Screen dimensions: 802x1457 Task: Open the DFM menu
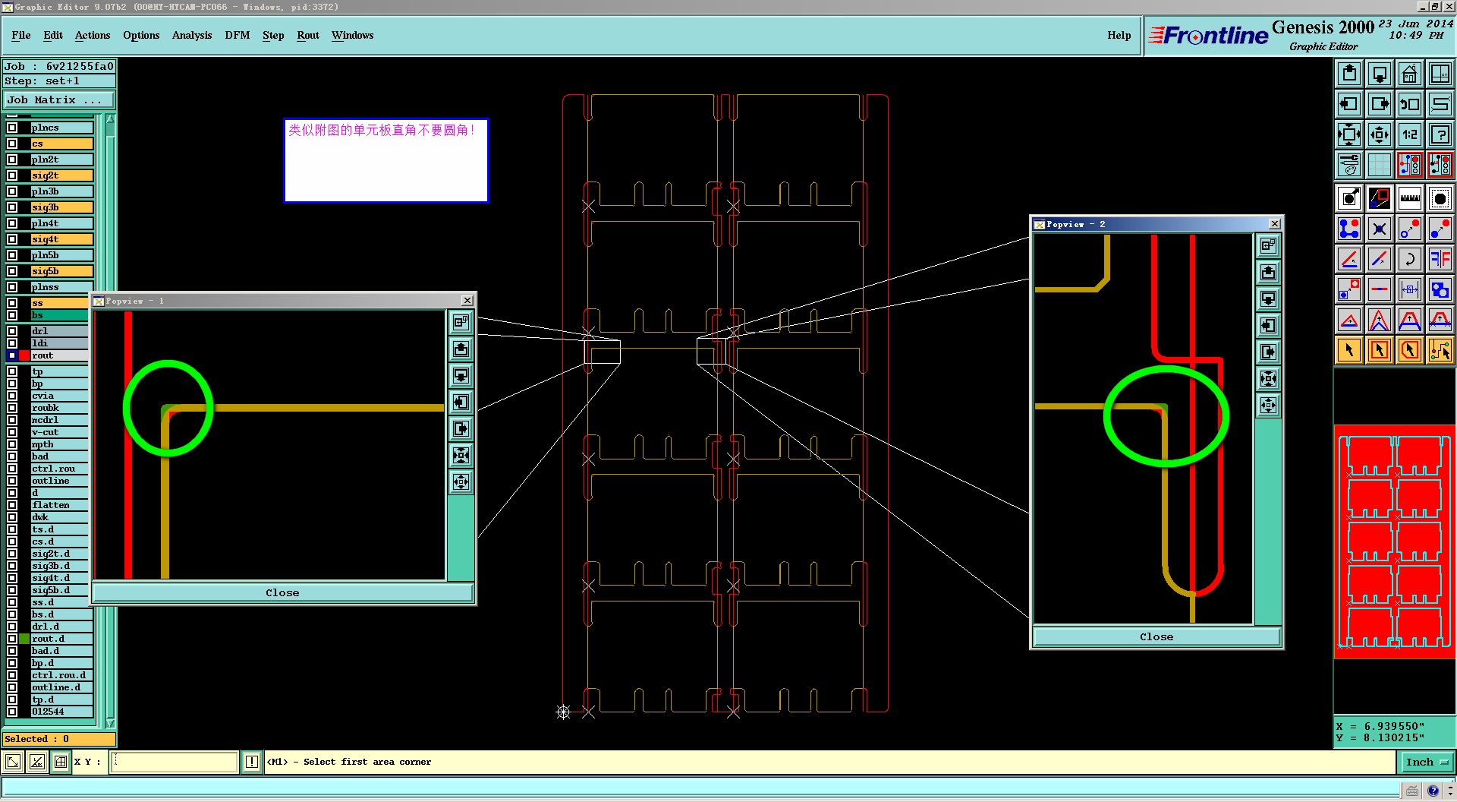click(x=237, y=35)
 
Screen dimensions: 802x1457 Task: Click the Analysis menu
click(x=191, y=35)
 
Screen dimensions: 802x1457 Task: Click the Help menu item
click(x=1119, y=35)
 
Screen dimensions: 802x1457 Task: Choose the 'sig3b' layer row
click(x=61, y=207)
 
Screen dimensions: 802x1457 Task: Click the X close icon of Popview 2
click(x=1275, y=224)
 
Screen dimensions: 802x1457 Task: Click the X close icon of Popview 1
click(x=467, y=301)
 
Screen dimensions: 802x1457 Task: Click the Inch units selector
click(x=1425, y=762)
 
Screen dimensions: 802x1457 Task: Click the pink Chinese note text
click(x=381, y=131)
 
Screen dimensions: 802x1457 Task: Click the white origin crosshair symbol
click(x=563, y=712)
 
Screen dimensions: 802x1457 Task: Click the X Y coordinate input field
click(x=175, y=762)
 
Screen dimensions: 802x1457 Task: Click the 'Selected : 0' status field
click(x=58, y=739)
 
